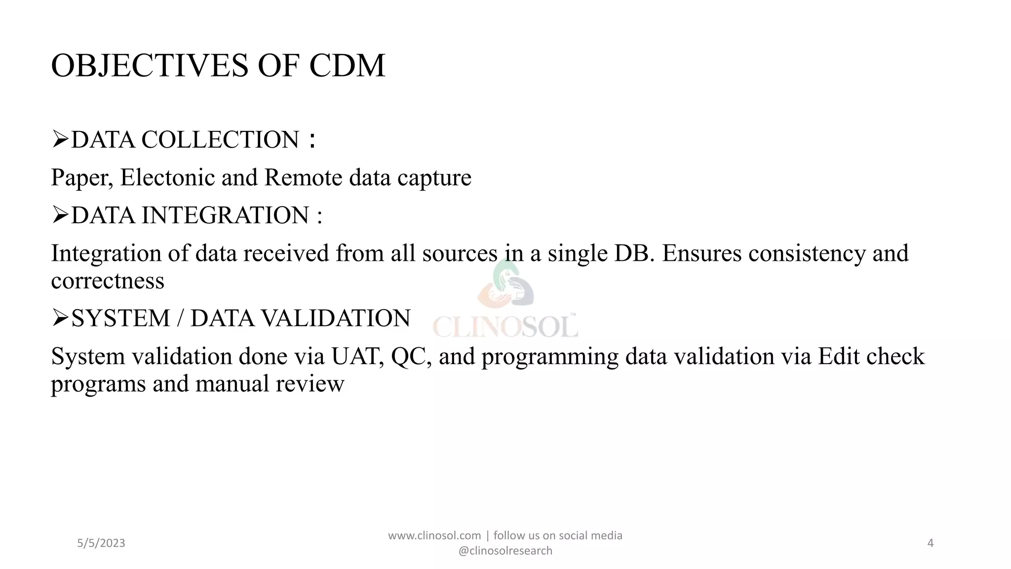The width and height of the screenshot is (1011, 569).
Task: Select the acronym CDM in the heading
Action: (x=347, y=66)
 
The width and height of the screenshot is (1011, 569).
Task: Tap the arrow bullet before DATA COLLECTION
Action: (x=60, y=139)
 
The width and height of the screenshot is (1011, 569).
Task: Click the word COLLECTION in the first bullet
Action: (x=220, y=140)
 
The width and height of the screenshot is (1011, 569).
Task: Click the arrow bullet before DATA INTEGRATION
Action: (x=60, y=215)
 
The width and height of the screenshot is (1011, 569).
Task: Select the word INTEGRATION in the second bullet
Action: (x=225, y=215)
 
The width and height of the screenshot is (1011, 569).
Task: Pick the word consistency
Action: (x=807, y=253)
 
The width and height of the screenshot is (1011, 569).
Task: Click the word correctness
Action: (x=108, y=281)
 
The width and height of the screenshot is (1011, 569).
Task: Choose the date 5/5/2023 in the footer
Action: (x=101, y=543)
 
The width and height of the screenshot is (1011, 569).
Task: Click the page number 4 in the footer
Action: (x=931, y=543)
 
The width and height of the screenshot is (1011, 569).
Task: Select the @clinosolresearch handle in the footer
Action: (x=505, y=551)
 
